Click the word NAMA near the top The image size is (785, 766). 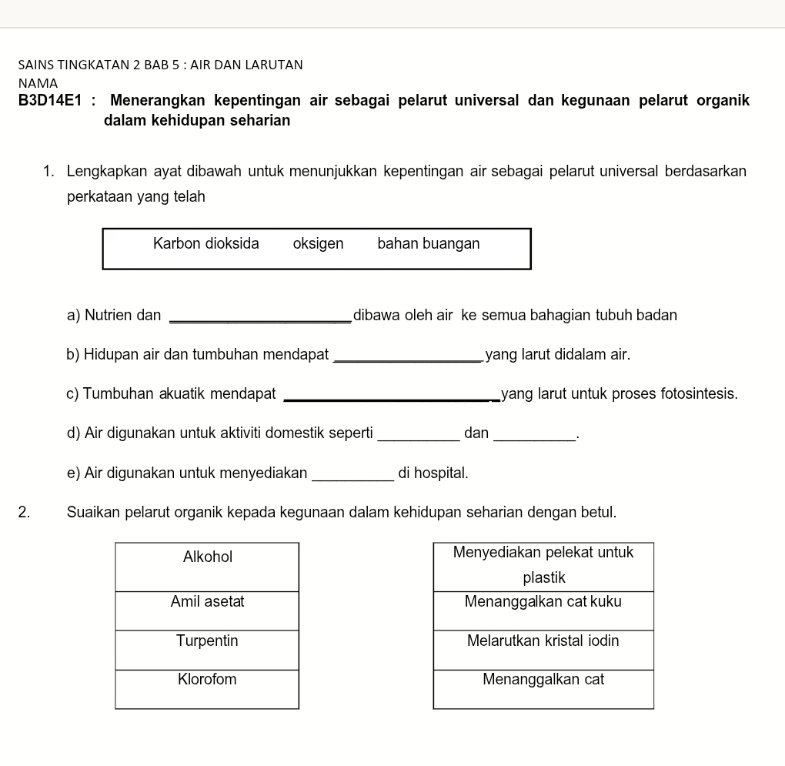(x=38, y=82)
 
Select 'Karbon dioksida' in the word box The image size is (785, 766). (x=206, y=244)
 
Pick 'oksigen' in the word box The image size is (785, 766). (x=318, y=244)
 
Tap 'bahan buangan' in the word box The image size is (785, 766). (x=429, y=244)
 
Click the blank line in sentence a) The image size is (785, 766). (x=259, y=320)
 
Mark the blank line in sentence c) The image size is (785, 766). (x=392, y=399)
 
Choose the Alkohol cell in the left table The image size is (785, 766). (x=207, y=567)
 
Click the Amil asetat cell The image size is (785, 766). (x=207, y=610)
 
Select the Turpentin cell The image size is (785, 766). (x=207, y=650)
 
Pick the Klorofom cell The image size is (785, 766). (x=207, y=689)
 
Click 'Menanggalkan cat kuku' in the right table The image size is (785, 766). (x=543, y=610)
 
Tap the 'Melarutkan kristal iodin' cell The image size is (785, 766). (x=543, y=650)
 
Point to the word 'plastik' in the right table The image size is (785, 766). (x=544, y=577)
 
